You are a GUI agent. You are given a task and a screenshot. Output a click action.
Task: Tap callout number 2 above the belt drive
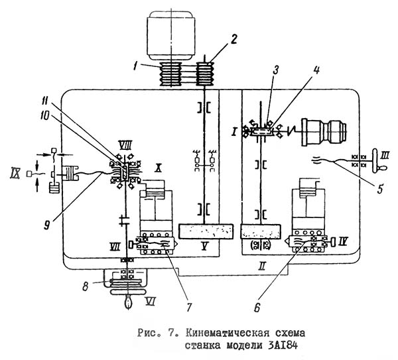tap(233, 40)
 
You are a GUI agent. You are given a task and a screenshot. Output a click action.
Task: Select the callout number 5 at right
tap(379, 188)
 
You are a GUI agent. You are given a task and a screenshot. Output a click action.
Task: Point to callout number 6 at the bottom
tap(257, 308)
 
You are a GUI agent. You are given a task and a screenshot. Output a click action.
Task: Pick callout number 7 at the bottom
tap(189, 308)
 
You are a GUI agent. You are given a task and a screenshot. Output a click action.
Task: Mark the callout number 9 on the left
tap(46, 225)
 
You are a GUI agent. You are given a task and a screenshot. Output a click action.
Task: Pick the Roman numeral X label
tap(158, 168)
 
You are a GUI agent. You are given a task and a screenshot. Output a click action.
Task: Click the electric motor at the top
tap(171, 35)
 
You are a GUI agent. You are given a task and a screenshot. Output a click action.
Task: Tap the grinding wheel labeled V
tap(206, 231)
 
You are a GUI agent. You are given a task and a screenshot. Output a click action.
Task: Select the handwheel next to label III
tap(377, 161)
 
